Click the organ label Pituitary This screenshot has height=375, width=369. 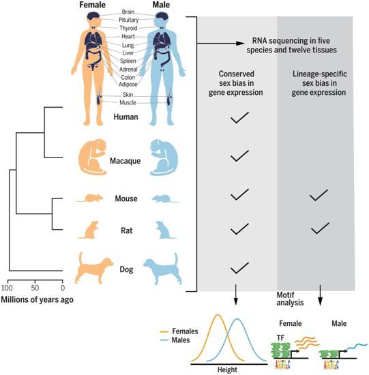click(128, 20)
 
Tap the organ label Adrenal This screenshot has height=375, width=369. click(128, 70)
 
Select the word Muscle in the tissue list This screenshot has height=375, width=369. click(128, 102)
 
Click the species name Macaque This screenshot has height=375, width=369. click(125, 161)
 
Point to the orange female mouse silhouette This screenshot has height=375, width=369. click(90, 198)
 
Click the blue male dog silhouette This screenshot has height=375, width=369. click(163, 269)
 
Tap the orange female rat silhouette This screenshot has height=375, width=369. click(89, 230)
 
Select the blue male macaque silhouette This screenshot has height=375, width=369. click(164, 157)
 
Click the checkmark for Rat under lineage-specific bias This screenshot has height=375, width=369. click(320, 228)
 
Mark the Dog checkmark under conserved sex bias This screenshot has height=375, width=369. click(239, 268)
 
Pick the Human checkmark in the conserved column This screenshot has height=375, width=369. click(239, 117)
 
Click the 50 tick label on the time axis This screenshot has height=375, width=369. click(35, 288)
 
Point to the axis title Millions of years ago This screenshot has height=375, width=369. click(37, 300)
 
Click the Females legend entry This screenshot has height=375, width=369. click(179, 331)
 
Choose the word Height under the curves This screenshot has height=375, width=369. click(227, 370)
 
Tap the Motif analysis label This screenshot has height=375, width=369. click(290, 299)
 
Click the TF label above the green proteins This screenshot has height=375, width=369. click(280, 338)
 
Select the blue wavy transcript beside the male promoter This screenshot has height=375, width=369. click(357, 346)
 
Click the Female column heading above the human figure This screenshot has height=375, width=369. click(92, 5)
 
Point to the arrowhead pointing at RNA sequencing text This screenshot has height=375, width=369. click(240, 43)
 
